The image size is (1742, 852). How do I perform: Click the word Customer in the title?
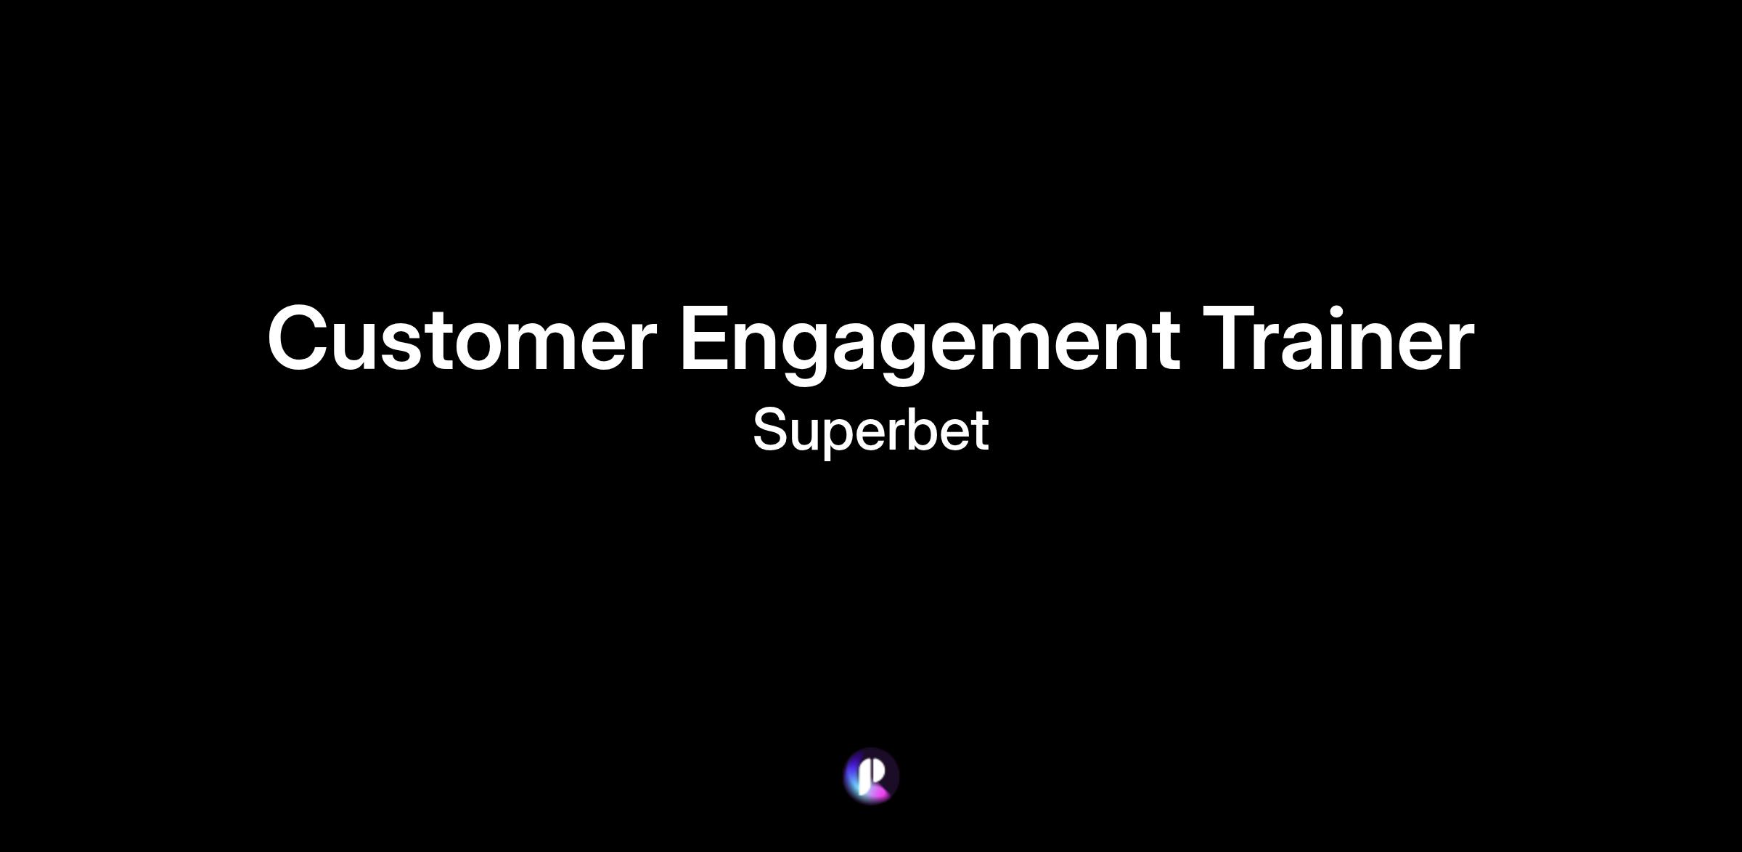point(462,338)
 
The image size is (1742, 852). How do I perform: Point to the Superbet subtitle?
point(870,431)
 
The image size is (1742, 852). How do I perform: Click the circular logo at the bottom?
point(871,776)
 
